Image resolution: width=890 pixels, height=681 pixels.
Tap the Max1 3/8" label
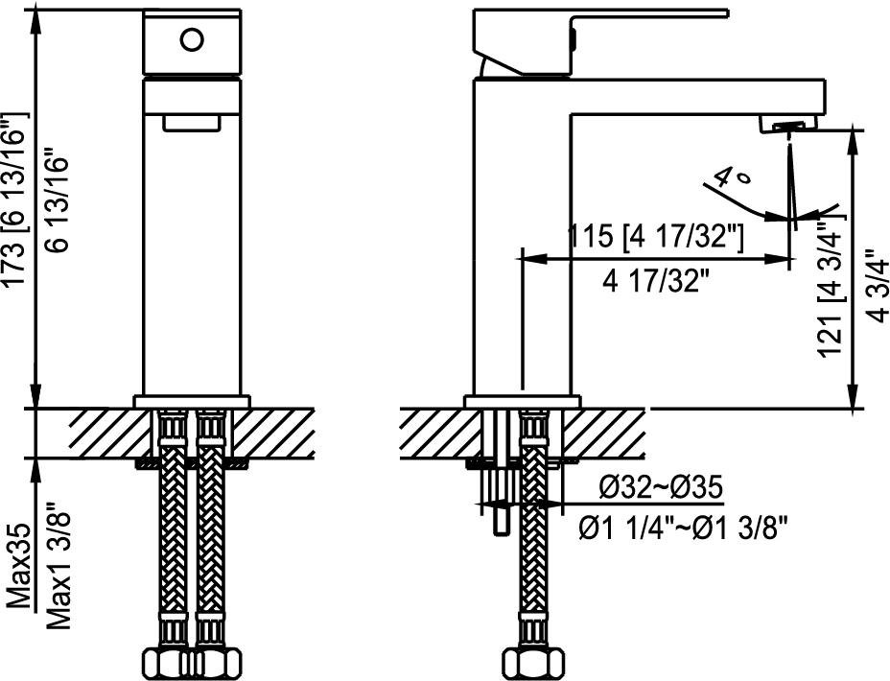click(59, 566)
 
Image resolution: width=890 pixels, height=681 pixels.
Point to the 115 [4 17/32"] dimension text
click(655, 236)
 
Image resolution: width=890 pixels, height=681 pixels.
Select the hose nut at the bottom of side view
click(529, 663)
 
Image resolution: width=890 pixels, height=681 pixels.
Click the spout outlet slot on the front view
click(191, 122)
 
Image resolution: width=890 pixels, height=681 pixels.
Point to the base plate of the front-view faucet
click(191, 401)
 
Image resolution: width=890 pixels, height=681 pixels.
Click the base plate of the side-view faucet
click(523, 401)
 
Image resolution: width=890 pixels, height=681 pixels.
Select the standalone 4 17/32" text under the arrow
click(656, 281)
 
